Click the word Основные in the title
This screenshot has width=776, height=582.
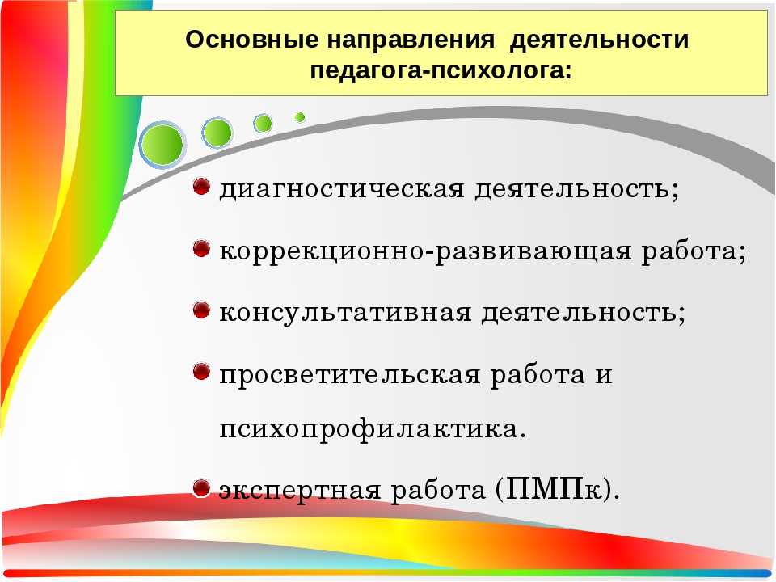[252, 39]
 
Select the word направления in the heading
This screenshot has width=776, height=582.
[411, 40]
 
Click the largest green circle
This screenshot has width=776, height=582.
[162, 144]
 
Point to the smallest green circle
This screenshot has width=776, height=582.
[299, 117]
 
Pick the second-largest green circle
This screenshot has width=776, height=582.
[217, 133]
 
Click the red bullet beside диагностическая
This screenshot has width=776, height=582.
[201, 186]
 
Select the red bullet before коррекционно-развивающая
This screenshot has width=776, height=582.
[201, 248]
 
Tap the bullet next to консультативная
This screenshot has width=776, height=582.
[201, 310]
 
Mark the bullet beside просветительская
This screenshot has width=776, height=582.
[201, 372]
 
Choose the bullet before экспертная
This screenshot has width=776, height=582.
[201, 488]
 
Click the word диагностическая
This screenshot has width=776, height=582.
[342, 189]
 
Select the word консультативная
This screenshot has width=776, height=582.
[345, 313]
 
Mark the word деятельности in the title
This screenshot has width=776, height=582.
[599, 40]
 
